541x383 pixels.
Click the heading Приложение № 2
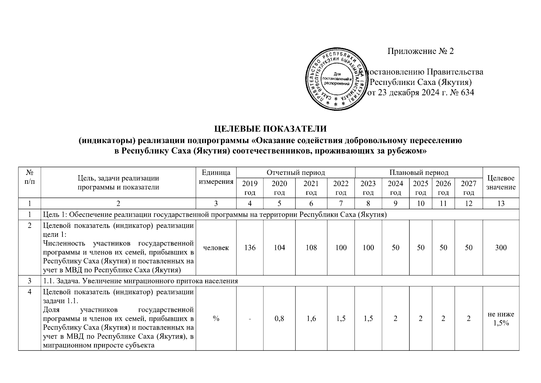pos(420,51)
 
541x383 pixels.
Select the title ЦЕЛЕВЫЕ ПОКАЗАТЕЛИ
pos(270,129)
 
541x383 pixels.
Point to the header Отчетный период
pos(296,173)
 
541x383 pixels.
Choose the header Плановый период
pos(419,173)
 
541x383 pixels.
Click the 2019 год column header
pos(250,188)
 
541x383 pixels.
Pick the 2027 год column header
pos(468,188)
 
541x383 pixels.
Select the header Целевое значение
pos(501,183)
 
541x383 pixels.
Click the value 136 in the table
pos(250,247)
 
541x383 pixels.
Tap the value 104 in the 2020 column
pos(279,247)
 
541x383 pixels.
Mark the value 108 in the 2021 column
pos(311,247)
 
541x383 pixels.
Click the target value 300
pos(501,247)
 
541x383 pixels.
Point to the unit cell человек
pos(216,247)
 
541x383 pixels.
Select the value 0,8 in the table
pos(279,319)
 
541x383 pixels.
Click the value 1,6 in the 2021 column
pos(311,319)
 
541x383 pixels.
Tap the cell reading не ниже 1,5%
pos(501,319)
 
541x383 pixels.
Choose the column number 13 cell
pos(501,203)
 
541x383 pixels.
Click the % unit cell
pos(216,319)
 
